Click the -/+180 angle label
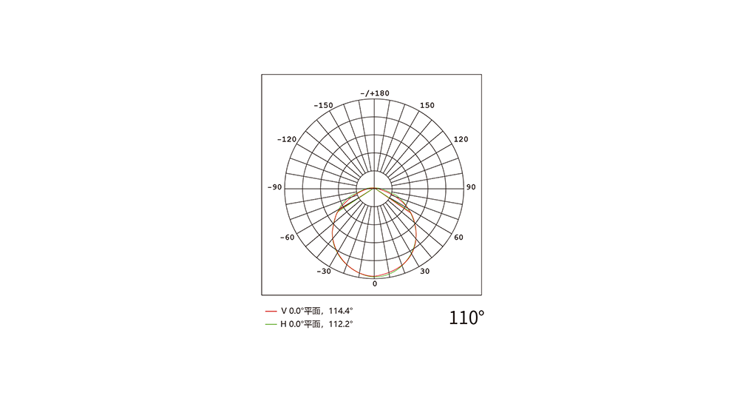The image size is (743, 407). click(x=375, y=93)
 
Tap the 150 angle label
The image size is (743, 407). click(x=427, y=105)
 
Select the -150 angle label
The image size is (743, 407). click(x=323, y=105)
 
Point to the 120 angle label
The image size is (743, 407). click(x=461, y=139)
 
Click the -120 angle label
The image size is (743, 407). click(x=287, y=139)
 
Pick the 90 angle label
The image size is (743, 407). click(x=470, y=187)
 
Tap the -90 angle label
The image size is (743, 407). click(x=274, y=187)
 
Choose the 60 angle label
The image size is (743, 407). click(x=458, y=238)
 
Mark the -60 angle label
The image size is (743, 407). click(x=287, y=238)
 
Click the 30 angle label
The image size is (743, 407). click(x=424, y=272)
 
